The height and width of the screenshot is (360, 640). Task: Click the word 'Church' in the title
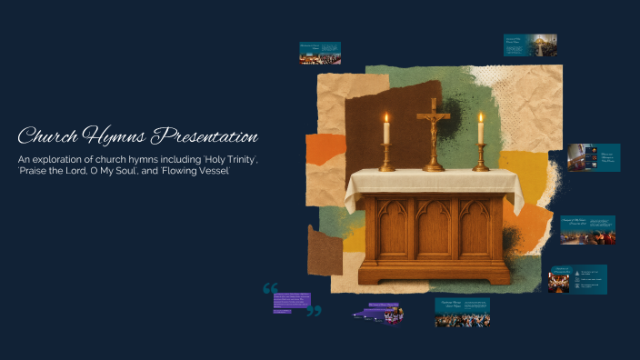pos(47,137)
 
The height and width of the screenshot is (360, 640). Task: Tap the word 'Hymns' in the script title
pos(114,137)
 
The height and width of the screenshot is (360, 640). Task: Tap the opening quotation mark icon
pos(270,289)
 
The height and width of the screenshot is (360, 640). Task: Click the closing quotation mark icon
pos(314,311)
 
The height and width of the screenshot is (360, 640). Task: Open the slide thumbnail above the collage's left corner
pos(320,52)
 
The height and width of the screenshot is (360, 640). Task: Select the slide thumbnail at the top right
pos(530,45)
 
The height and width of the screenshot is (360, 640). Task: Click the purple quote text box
pos(292,302)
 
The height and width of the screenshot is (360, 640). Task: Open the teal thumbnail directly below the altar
pos(462,313)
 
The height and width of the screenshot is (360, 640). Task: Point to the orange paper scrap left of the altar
pos(325,151)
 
